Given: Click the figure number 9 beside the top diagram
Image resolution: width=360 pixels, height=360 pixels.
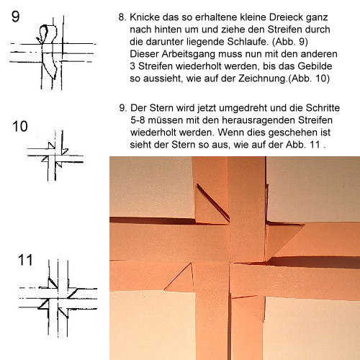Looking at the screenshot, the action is [16, 17].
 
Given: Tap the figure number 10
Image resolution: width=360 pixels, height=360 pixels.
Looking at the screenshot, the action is [20, 127].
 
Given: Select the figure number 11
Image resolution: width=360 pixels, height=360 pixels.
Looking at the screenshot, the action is [25, 260].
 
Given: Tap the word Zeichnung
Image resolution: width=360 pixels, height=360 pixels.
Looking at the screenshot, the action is [263, 78].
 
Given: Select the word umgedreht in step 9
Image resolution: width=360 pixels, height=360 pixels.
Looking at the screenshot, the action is [243, 108].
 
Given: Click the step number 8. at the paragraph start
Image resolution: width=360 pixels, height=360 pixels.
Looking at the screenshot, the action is [122, 17].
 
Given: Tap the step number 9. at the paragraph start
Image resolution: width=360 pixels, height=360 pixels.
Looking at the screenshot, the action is [123, 108].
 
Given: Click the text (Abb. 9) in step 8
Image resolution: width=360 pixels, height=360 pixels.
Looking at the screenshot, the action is [290, 42].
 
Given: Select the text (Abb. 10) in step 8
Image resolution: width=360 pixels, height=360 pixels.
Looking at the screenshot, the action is [309, 78].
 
